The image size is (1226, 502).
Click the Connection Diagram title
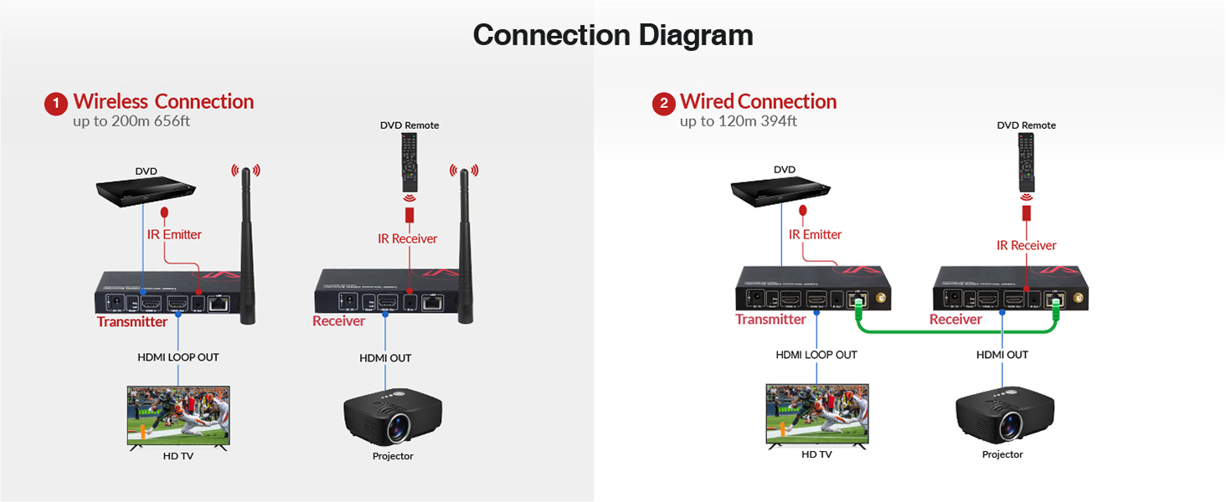(612, 35)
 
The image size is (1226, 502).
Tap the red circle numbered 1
(55, 105)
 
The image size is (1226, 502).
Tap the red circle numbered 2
(663, 105)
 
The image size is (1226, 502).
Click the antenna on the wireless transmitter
(247, 243)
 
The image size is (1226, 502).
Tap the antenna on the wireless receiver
(463, 243)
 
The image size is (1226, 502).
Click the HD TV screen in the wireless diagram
(178, 415)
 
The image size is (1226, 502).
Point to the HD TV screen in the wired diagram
(816, 414)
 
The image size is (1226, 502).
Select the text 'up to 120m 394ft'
(738, 121)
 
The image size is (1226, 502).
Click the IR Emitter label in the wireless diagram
(174, 234)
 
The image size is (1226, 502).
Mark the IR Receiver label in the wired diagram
(1026, 245)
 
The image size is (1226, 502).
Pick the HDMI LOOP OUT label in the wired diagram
(816, 355)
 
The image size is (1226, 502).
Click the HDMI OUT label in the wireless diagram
(385, 358)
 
